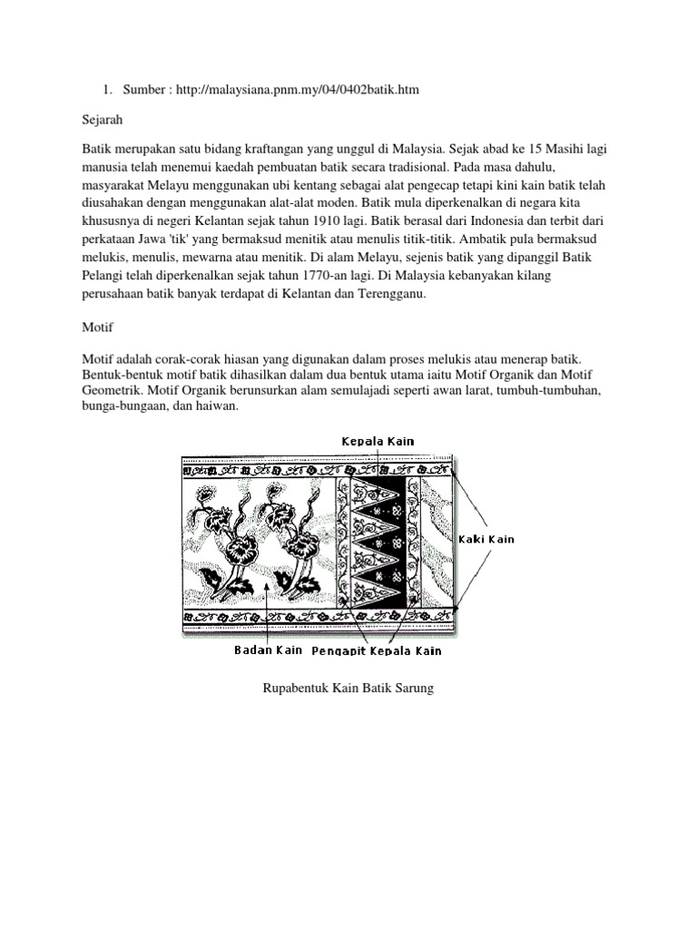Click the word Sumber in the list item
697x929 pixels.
pyautogui.click(x=144, y=89)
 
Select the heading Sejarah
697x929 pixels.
pyautogui.click(x=102, y=118)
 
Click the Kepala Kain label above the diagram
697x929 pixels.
pyautogui.click(x=378, y=441)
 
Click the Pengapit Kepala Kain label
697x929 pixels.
pyautogui.click(x=377, y=650)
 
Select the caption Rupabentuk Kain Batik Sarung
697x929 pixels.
pyautogui.click(x=348, y=689)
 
